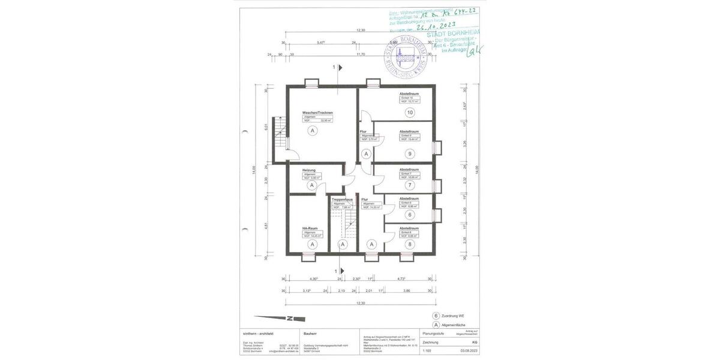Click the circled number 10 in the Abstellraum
point(410,112)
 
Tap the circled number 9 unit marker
point(410,153)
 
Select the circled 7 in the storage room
point(410,185)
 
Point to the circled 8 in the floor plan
point(410,244)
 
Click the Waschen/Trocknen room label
point(317,113)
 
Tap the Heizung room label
point(309,170)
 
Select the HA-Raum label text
point(310,228)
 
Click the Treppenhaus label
point(341,199)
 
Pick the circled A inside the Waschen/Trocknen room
point(312,130)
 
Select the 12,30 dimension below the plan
point(360,303)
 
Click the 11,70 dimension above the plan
point(360,54)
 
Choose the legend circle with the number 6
point(436,316)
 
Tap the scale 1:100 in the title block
point(427,350)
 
